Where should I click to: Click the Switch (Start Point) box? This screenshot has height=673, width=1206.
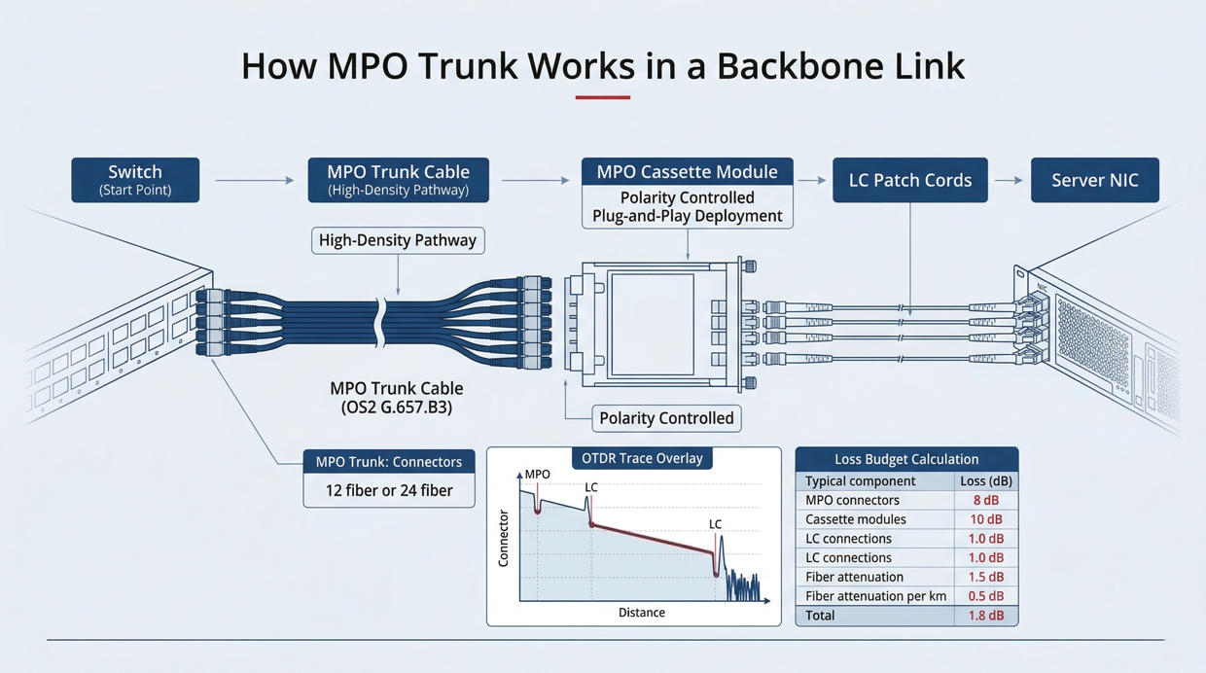(135, 180)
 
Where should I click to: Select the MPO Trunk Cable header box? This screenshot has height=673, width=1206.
(398, 180)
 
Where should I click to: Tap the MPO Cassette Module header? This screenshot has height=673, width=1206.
(687, 172)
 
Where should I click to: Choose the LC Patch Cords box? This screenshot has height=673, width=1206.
(909, 180)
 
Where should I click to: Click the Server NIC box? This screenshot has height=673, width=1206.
(1094, 180)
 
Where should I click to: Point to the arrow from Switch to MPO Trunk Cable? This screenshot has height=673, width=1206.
(254, 180)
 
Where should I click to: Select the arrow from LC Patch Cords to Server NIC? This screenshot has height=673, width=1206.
(1009, 180)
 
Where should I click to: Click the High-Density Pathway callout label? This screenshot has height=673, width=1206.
(397, 240)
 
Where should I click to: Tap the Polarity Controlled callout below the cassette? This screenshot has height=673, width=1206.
(666, 418)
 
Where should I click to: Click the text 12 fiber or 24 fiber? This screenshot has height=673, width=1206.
(389, 490)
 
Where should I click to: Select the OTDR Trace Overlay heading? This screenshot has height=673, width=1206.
(642, 458)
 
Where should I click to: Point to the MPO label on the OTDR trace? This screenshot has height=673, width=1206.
(538, 475)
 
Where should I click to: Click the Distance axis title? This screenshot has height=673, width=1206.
(642, 613)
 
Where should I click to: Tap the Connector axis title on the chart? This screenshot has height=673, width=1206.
(504, 538)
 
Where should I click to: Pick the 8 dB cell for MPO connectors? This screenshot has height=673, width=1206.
(985, 501)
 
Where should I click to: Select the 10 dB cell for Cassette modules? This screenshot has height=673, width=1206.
(985, 519)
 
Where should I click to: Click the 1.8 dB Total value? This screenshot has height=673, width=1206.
(985, 616)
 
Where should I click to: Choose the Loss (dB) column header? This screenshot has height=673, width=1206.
(985, 480)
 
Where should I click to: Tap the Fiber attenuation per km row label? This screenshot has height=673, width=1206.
(875, 596)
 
